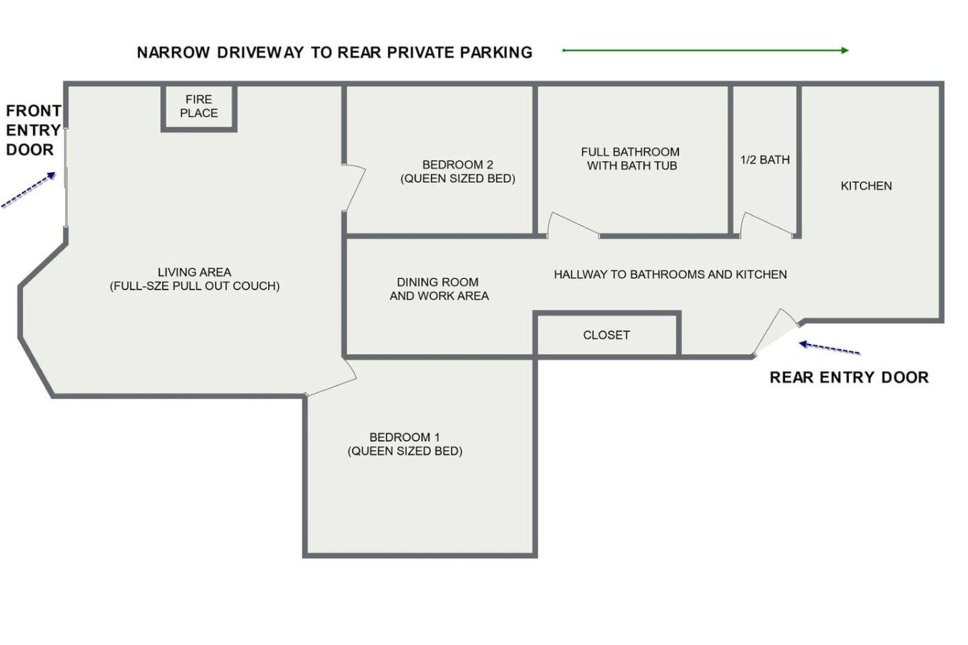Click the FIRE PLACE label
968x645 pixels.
pyautogui.click(x=199, y=106)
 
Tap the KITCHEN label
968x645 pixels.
pyautogui.click(x=866, y=186)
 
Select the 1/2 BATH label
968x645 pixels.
pyautogui.click(x=765, y=160)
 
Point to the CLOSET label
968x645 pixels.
pyautogui.click(x=607, y=335)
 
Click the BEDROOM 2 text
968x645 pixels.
pyautogui.click(x=457, y=165)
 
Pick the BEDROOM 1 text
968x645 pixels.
pyautogui.click(x=404, y=437)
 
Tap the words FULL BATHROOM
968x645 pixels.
pyautogui.click(x=630, y=152)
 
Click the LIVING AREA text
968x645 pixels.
pyautogui.click(x=194, y=272)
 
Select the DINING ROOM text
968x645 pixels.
pyautogui.click(x=438, y=282)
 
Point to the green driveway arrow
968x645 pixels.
pyautogui.click(x=706, y=51)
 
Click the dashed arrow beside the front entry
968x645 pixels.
pyautogui.click(x=29, y=190)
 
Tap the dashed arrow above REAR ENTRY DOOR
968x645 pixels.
pyautogui.click(x=830, y=348)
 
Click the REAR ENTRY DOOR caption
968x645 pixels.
pyautogui.click(x=849, y=378)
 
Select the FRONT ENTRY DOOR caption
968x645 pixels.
pyautogui.click(x=33, y=130)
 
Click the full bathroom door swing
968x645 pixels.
pyautogui.click(x=573, y=224)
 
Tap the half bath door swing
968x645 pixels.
pyautogui.click(x=767, y=224)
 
